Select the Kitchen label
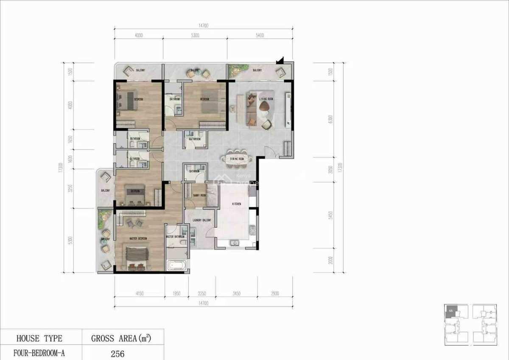pyautogui.click(x=236, y=204)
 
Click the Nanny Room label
pyautogui.click(x=199, y=195)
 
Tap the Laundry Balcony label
pyautogui.click(x=202, y=220)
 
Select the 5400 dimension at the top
pyautogui.click(x=260, y=36)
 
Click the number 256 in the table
pyautogui.click(x=117, y=353)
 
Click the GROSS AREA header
pyautogui.click(x=121, y=338)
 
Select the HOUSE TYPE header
pyautogui.click(x=39, y=338)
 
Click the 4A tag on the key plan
pyautogui.click(x=451, y=311)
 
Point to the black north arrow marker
pyautogui.click(x=280, y=62)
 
